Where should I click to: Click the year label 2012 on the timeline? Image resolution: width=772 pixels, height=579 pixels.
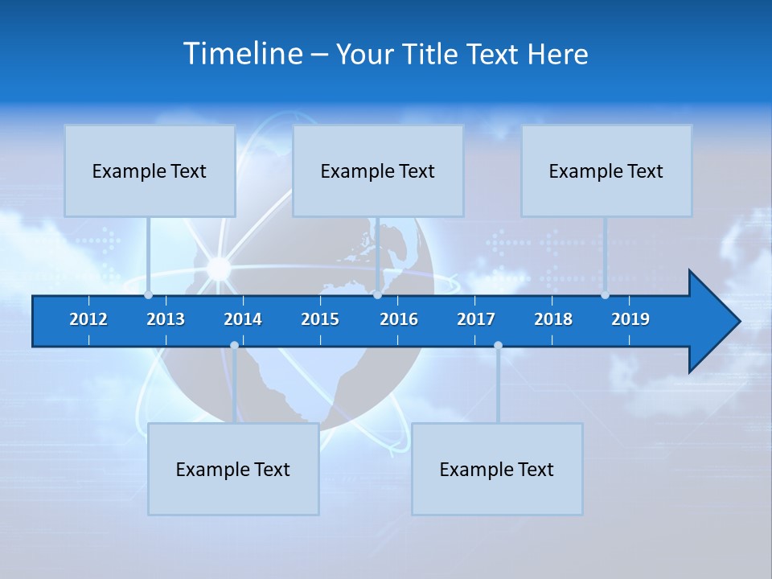pyautogui.click(x=88, y=319)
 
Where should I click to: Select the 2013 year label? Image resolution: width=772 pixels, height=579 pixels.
pyautogui.click(x=166, y=319)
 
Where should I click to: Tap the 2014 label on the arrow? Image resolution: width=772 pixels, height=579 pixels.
pyautogui.click(x=243, y=319)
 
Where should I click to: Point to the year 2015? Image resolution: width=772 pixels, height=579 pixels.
pyautogui.click(x=320, y=319)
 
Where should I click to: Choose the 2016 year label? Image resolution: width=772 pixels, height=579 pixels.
pyautogui.click(x=399, y=319)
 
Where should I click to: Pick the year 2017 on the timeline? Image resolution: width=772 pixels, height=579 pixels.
pyautogui.click(x=476, y=319)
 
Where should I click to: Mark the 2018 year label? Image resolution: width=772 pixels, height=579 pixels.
pyautogui.click(x=553, y=319)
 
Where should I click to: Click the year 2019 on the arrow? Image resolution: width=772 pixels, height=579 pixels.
pyautogui.click(x=630, y=319)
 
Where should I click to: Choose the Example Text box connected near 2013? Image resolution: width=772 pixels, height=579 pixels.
pyautogui.click(x=150, y=170)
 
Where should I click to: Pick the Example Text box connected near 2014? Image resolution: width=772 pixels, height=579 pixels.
pyautogui.click(x=233, y=469)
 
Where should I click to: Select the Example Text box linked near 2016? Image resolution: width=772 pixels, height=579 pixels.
pyautogui.click(x=378, y=170)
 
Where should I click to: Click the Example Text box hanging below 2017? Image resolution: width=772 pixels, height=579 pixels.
pyautogui.click(x=497, y=469)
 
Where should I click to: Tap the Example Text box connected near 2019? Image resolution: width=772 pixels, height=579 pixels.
pyautogui.click(x=606, y=170)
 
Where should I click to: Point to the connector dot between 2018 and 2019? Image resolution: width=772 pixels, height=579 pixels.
pyautogui.click(x=605, y=295)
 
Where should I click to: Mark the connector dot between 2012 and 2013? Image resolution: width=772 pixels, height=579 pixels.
pyautogui.click(x=148, y=295)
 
